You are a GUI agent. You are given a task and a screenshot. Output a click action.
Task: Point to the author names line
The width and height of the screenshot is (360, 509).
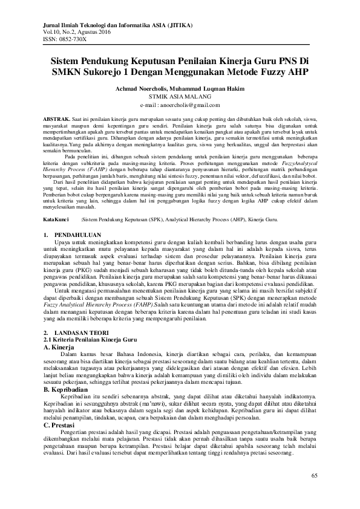point(180,88)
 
